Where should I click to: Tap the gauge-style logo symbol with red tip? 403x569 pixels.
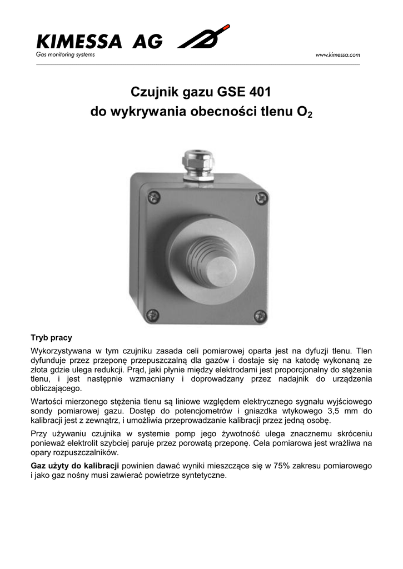coord(202,38)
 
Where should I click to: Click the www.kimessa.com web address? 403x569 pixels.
coord(338,54)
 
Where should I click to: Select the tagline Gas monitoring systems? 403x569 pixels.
coord(66,54)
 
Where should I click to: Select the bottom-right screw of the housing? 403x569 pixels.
coord(259,316)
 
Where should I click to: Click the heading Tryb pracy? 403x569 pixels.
coord(51,337)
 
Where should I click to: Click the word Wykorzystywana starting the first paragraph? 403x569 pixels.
coord(59,351)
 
